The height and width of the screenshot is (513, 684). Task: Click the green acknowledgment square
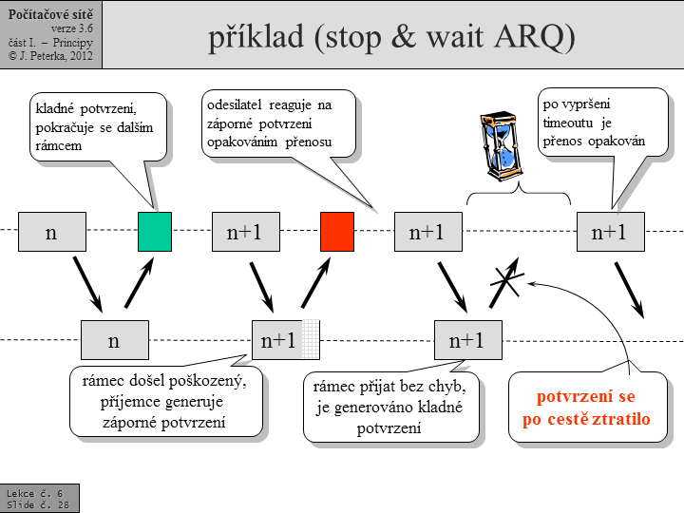(155, 232)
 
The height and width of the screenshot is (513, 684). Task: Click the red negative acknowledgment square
(337, 232)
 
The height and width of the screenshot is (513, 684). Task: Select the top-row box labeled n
(52, 232)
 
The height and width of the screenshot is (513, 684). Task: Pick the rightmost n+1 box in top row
(610, 232)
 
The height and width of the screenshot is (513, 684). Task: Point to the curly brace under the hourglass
(519, 196)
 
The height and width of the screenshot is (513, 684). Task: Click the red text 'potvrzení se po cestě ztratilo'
(586, 407)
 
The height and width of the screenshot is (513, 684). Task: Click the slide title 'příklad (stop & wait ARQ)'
(391, 36)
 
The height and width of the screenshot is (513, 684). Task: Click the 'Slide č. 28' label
(38, 504)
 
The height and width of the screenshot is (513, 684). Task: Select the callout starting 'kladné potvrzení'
(94, 128)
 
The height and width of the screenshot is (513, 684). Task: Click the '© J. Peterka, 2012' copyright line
(50, 56)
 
